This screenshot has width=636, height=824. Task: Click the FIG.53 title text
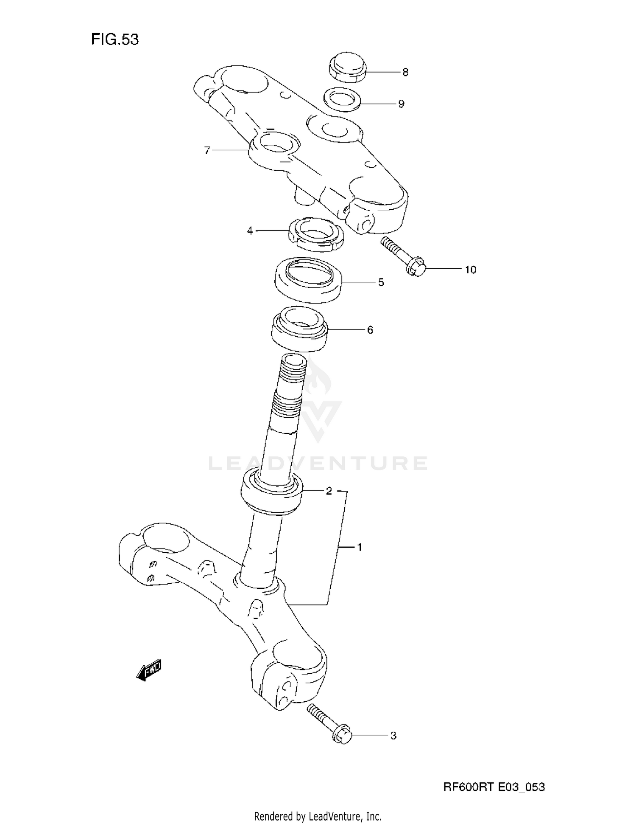115,39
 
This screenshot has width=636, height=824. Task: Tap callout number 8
405,73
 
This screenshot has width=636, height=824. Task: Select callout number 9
401,104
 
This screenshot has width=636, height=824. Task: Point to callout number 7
207,150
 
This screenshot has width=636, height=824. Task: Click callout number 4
250,231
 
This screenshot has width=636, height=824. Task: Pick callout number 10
471,270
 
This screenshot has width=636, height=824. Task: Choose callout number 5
381,282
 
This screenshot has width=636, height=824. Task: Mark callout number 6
370,330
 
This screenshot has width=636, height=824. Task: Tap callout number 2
329,491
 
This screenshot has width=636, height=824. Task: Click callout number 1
360,548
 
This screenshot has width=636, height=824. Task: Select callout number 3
393,736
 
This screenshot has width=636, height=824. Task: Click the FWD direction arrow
149,671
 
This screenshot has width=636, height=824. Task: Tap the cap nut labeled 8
347,68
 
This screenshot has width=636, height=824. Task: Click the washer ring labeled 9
342,100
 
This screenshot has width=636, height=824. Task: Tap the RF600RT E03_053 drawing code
494,787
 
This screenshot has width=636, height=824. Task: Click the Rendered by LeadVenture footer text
318,816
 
